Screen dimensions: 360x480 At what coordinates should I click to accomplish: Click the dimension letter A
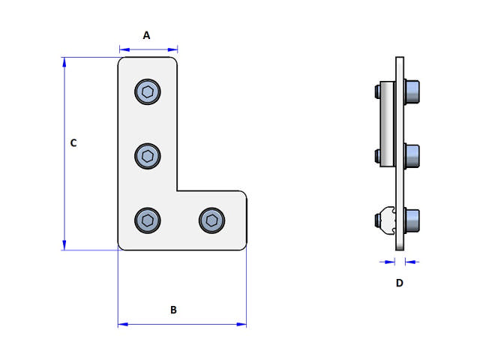tap(147, 35)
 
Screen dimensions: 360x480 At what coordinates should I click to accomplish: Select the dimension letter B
tap(173, 310)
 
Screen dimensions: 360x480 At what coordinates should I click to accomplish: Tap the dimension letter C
tap(73, 143)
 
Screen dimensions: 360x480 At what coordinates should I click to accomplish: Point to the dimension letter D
tap(399, 283)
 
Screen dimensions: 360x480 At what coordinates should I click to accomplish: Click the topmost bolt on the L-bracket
tap(148, 92)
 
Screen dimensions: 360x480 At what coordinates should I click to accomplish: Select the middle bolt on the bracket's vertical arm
tap(148, 157)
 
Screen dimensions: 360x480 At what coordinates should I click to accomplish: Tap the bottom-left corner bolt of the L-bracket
tap(148, 220)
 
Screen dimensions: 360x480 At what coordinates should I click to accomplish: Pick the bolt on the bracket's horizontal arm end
tap(212, 220)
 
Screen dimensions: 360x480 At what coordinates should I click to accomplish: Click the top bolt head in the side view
tap(411, 92)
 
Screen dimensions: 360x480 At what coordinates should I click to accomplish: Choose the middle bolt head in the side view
tap(411, 156)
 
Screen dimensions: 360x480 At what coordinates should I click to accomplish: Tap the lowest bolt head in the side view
tap(411, 220)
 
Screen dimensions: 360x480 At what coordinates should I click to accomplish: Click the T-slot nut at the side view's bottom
tap(386, 220)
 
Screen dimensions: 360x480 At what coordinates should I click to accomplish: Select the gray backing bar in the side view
tap(385, 124)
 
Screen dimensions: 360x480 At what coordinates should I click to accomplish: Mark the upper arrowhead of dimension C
tap(64, 61)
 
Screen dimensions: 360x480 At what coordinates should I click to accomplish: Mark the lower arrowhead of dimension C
tap(64, 245)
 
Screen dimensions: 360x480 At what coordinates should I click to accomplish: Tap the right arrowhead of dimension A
tap(173, 50)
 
